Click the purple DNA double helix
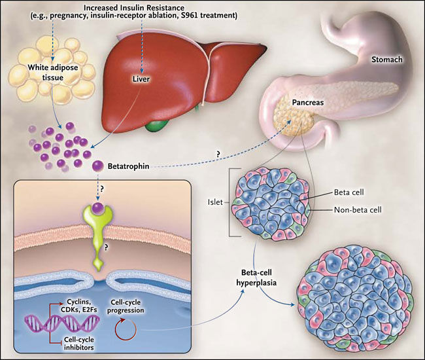[x=49, y=322]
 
